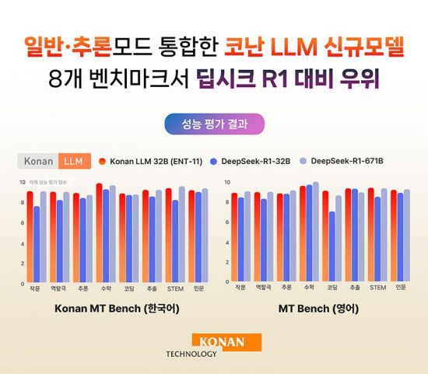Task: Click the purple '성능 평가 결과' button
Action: [x=214, y=124]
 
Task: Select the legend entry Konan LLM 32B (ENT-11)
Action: [x=152, y=161]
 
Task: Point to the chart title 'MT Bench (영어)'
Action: [x=318, y=309]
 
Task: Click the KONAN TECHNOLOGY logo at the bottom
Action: [x=214, y=345]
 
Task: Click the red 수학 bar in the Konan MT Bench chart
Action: [x=99, y=232]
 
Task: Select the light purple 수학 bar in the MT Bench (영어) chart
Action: [x=316, y=232]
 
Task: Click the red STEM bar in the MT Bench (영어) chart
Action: [x=370, y=234]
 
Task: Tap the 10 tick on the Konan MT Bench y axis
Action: [x=22, y=181]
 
